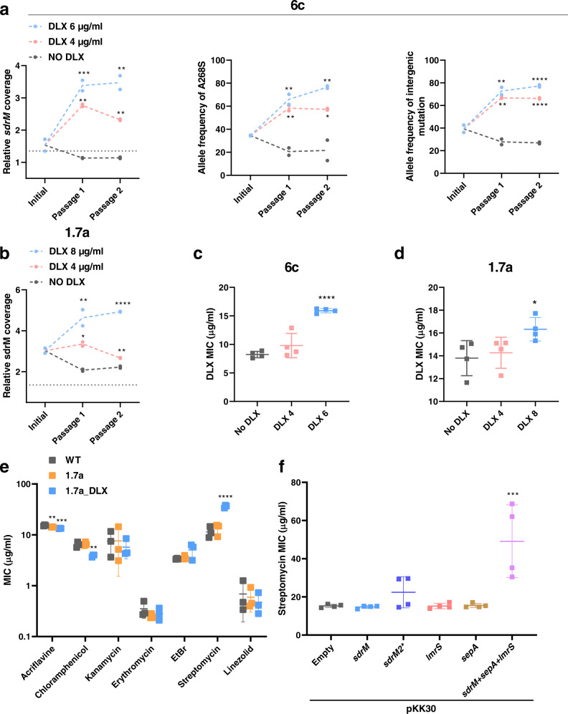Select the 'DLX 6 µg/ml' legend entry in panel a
[68, 25]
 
